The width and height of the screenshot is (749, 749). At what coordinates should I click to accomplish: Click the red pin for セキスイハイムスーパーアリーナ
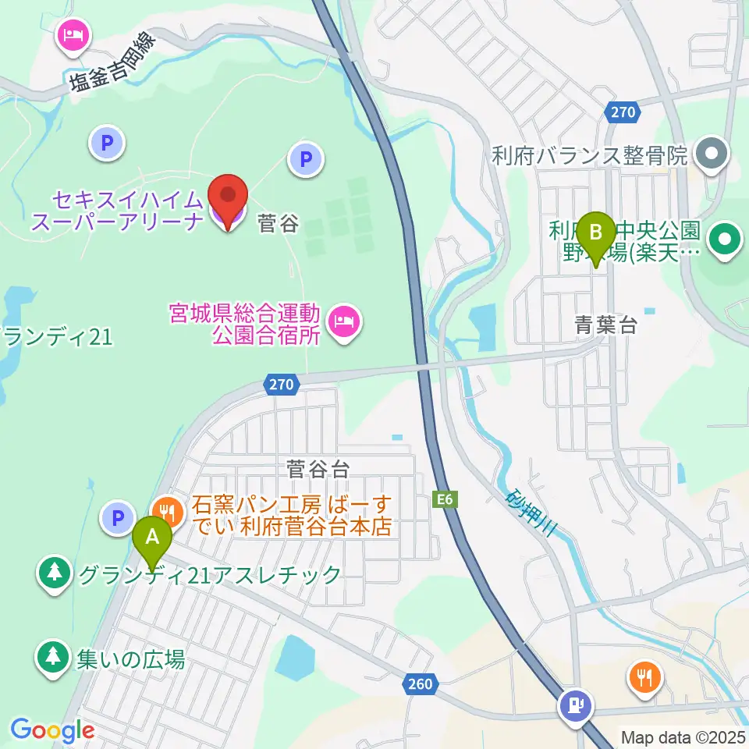tap(227, 201)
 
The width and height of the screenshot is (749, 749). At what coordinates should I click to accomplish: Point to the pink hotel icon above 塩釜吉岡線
tap(75, 36)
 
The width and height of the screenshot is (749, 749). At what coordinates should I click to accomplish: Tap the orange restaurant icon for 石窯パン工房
tap(168, 513)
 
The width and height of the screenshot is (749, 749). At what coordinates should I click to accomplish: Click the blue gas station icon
tap(575, 706)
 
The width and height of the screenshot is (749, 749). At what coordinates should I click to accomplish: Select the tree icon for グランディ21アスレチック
tap(54, 573)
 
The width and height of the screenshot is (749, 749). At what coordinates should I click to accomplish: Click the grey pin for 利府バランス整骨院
tap(711, 152)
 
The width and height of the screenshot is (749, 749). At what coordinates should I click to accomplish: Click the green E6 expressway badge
tap(444, 499)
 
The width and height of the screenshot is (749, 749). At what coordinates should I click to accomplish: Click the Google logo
tap(52, 730)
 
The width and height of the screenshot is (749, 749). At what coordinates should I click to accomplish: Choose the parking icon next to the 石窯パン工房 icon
tap(118, 516)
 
